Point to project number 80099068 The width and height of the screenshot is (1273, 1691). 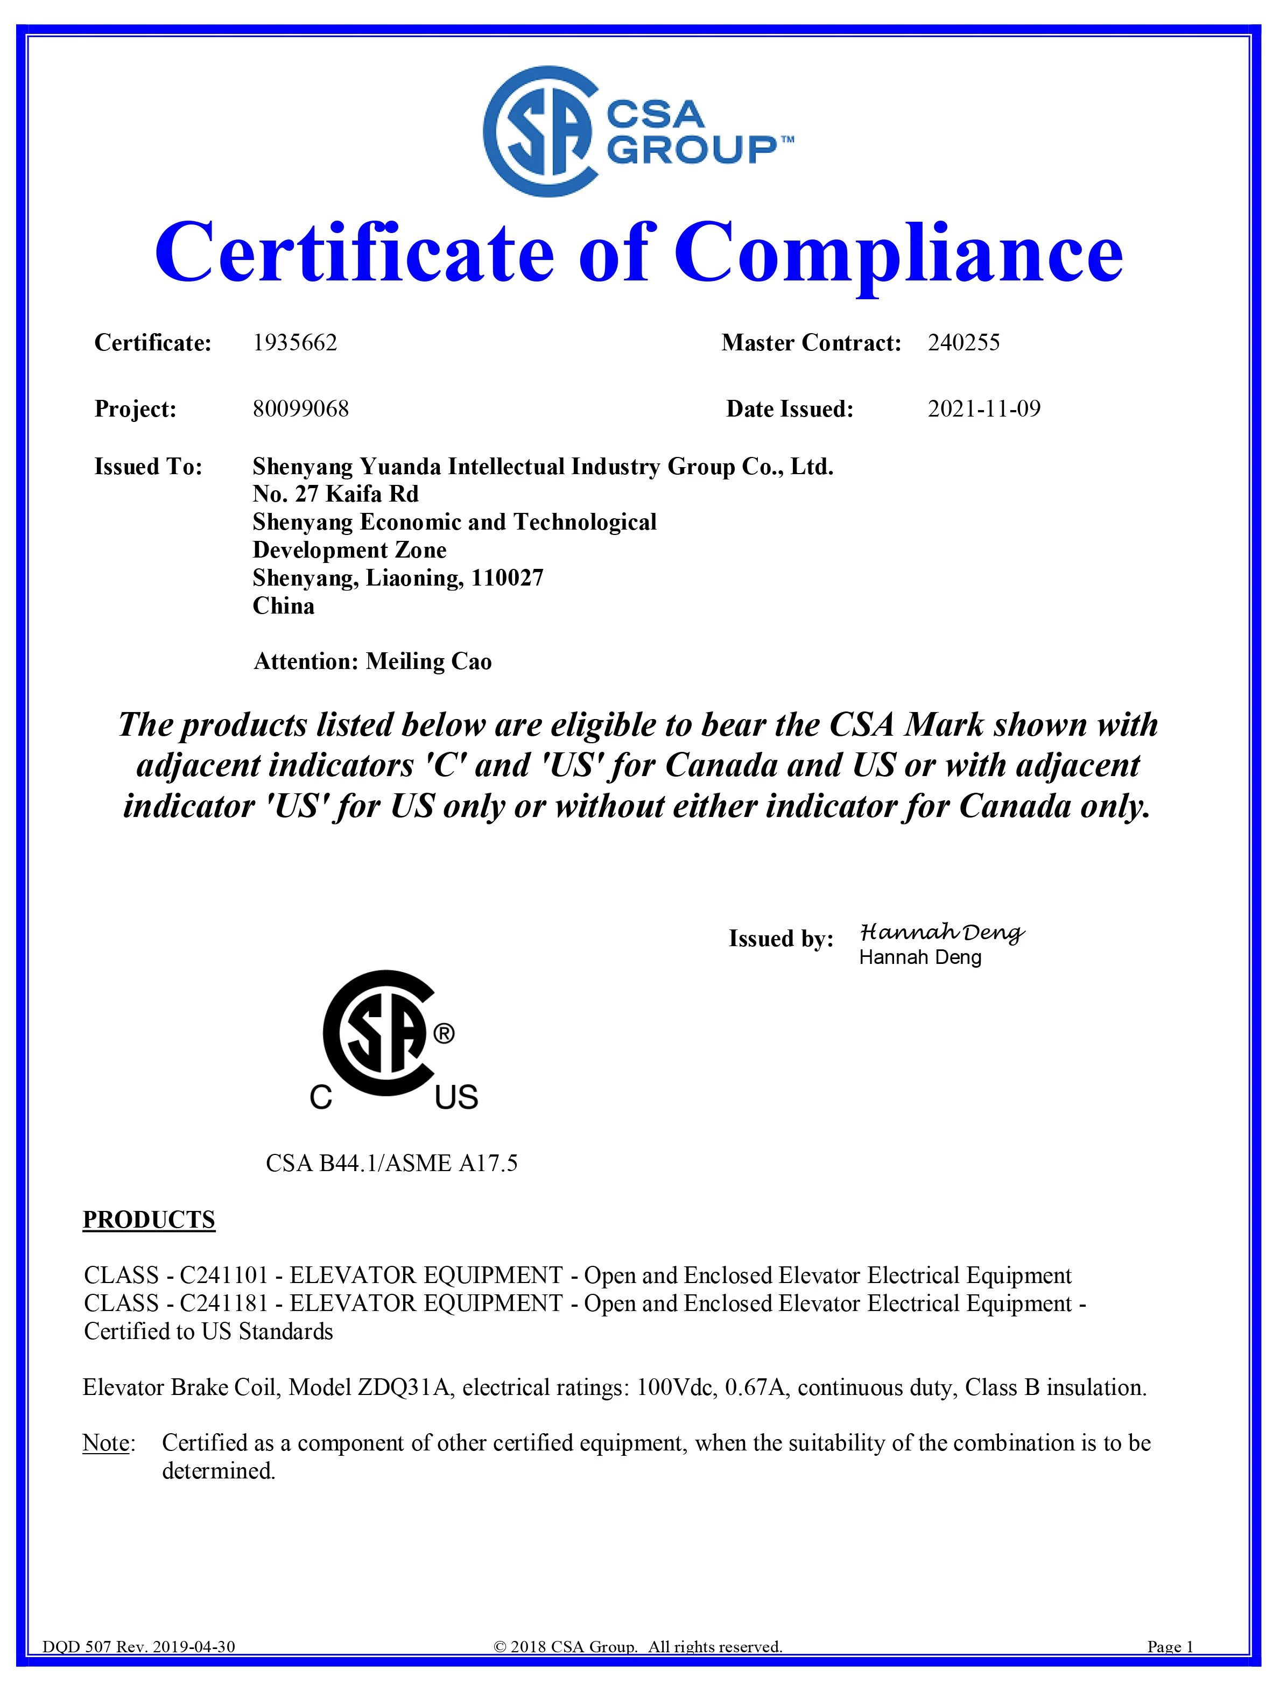(x=300, y=409)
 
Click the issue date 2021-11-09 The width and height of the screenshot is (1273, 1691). (x=984, y=409)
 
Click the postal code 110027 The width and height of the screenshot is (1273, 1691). (x=507, y=578)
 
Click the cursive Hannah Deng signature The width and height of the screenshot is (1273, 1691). (x=941, y=933)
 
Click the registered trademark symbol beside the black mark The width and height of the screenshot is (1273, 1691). (x=444, y=1034)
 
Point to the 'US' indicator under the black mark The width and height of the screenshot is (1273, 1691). (x=456, y=1098)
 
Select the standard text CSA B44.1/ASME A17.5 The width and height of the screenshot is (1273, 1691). (x=391, y=1162)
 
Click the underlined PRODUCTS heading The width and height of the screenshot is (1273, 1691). (x=149, y=1220)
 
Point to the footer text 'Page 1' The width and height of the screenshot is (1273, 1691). (x=1170, y=1668)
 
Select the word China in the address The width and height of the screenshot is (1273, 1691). (x=283, y=606)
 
